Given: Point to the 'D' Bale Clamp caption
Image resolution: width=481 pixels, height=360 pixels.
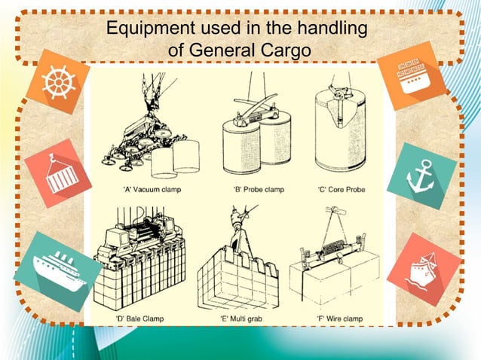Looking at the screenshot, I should [x=142, y=319].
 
